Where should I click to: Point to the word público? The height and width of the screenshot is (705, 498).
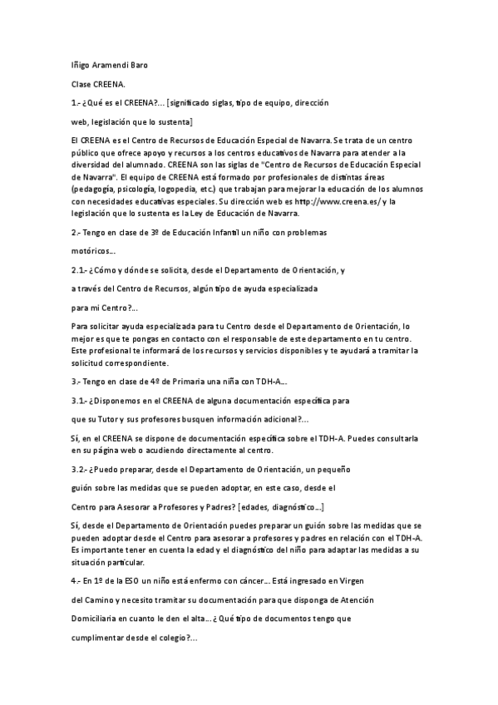(86, 154)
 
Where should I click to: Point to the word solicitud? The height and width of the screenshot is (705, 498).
(89, 363)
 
